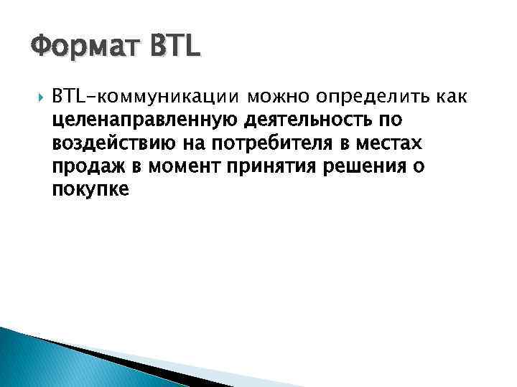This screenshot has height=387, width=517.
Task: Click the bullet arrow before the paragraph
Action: [x=38, y=97]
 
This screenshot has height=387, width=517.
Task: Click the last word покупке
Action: [x=90, y=190]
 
